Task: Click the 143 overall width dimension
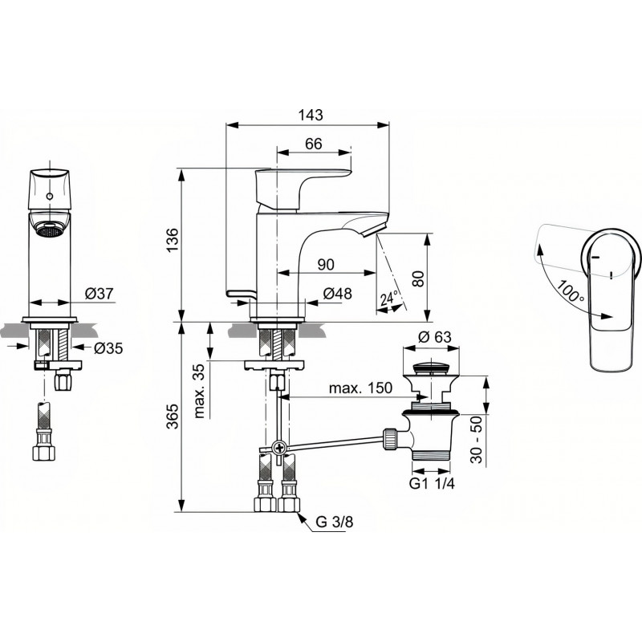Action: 311,115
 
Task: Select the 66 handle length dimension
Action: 314,144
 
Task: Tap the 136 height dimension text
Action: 173,240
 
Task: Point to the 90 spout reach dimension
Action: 326,265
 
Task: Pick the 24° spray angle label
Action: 389,299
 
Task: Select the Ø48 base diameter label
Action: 337,293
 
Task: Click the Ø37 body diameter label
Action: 99,293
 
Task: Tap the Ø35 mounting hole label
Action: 108,348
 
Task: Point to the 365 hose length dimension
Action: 173,416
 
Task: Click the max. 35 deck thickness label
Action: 199,391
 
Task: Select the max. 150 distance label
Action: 360,388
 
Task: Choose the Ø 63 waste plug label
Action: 435,337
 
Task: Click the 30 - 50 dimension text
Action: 476,440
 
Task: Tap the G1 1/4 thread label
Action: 432,484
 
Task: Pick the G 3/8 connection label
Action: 334,522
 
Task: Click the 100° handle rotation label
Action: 571,291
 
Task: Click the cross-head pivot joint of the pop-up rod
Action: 279,448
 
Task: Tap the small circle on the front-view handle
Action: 50,197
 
